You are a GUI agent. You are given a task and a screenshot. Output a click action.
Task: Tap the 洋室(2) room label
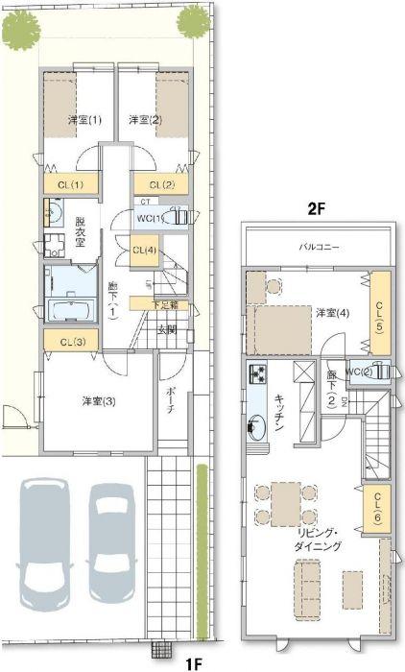click(145, 120)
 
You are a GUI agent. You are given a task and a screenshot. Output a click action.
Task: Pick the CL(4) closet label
click(145, 251)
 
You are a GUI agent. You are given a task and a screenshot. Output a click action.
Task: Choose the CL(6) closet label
click(375, 505)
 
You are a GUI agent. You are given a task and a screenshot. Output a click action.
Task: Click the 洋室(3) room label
click(98, 401)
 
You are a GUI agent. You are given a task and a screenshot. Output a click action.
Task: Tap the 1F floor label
click(194, 662)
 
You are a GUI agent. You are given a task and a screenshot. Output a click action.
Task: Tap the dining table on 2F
click(283, 501)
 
